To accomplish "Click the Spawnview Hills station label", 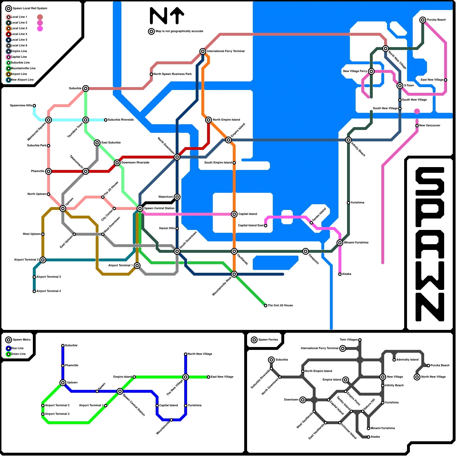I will pos(21,106).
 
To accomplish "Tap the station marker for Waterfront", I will pos(177,197).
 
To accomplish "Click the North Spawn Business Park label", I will pos(173,74).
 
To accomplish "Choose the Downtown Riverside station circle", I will pos(117,163).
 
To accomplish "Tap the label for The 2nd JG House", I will pos(280,306).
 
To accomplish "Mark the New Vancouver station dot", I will pos(417,126).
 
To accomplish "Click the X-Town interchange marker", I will pos(400,86).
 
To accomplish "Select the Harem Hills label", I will pos(167,228).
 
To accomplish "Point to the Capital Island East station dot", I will pos(266,226).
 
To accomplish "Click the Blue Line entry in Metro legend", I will pos(17,348).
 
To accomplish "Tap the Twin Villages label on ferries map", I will pos(349,340).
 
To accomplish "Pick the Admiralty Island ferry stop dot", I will pos(394,360).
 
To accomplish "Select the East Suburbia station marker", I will pos(97,143).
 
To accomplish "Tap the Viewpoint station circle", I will pos(306,251).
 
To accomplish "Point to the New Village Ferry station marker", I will pos(371,71).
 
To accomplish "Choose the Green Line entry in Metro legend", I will pos(18,354).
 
